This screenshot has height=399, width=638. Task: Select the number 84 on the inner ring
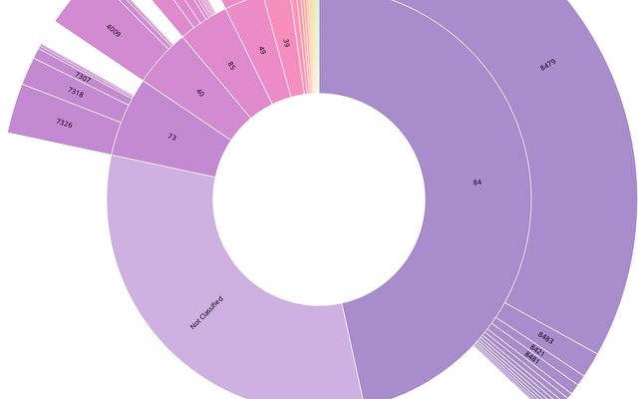478,182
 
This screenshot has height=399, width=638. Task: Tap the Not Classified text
206,313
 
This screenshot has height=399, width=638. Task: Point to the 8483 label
545,337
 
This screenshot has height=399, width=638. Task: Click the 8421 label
537,350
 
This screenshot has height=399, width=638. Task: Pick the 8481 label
531,357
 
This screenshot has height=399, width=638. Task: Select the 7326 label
64,123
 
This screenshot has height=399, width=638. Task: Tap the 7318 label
76,92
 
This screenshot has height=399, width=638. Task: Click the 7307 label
83,76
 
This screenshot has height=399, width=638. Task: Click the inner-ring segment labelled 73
172,137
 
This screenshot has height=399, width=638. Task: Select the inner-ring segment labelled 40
199,93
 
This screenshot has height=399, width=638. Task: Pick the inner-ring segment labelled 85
230,67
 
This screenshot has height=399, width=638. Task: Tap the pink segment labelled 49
261,50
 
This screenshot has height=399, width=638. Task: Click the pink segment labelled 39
286,43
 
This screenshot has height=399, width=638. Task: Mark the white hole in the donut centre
319,199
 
